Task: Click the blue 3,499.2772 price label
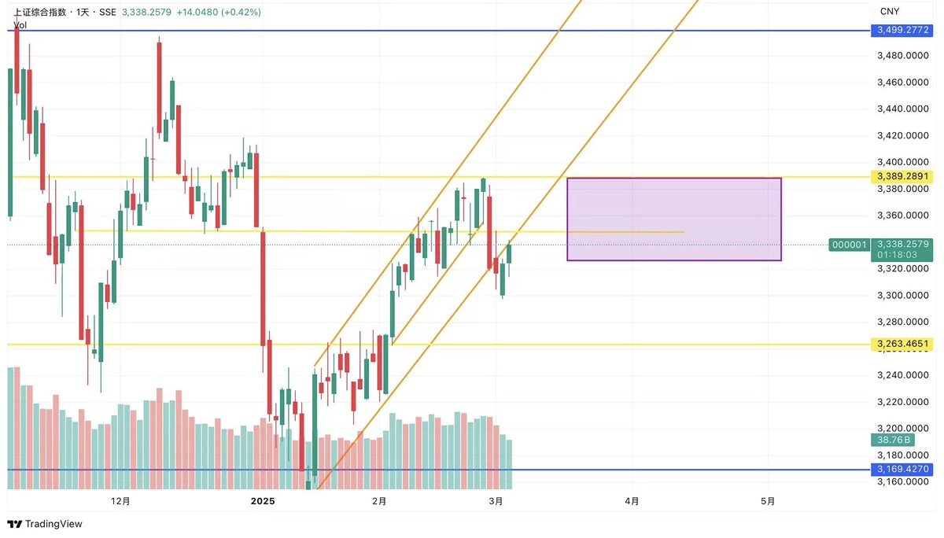(902, 31)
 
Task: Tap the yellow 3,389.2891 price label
(902, 176)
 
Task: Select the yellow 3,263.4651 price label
(902, 344)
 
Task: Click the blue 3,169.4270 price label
(902, 469)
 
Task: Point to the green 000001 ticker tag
(849, 245)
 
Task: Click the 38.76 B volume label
(893, 440)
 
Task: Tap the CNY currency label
(890, 11)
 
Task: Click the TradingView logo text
(53, 524)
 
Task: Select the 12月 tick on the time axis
(120, 501)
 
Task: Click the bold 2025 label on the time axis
(263, 501)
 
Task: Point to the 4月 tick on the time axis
(632, 501)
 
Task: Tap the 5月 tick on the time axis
(768, 501)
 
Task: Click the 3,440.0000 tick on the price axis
(903, 109)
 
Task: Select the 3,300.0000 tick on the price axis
(903, 295)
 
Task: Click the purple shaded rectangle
(674, 219)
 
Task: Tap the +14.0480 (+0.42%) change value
(219, 13)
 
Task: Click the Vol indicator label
(20, 25)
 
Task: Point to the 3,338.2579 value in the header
(146, 13)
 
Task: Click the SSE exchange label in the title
(108, 13)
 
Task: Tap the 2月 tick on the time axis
(379, 501)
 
